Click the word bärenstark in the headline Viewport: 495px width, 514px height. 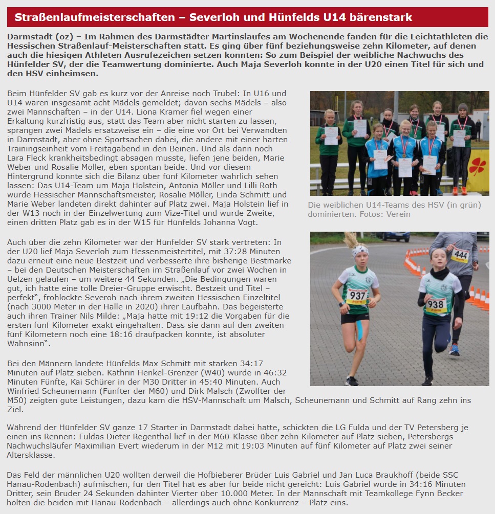pos(380,17)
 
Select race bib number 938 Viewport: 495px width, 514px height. pos(436,305)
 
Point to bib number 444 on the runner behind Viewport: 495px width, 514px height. pos(460,254)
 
